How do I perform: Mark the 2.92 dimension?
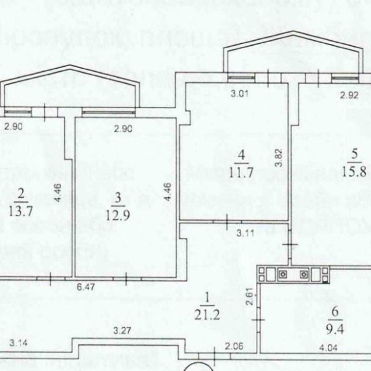pos(349,95)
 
